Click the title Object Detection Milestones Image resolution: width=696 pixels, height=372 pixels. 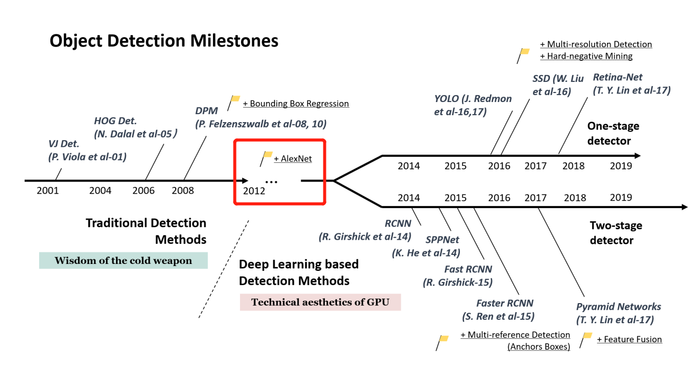point(164,40)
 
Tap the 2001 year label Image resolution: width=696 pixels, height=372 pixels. point(48,191)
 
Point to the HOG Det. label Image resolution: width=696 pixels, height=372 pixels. point(115,121)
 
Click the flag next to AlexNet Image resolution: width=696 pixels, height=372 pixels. point(267,156)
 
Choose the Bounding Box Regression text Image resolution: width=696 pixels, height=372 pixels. point(296,104)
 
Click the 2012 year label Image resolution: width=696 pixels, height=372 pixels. point(254,191)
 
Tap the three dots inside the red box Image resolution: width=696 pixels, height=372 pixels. point(271,181)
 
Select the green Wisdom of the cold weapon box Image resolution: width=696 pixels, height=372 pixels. point(123,260)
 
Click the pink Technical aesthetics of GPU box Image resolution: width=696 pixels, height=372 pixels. point(320,302)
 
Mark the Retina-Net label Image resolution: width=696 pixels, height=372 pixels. point(618,77)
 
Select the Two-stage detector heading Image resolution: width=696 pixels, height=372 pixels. point(616,233)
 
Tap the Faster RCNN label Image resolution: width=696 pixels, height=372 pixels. point(505,303)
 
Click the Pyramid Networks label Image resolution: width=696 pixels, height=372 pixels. point(619,307)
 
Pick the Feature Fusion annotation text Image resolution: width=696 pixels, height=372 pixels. point(629,339)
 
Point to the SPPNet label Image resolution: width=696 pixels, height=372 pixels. point(442,240)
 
